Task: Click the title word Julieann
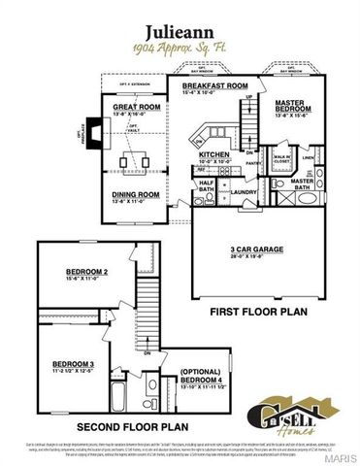click(179, 31)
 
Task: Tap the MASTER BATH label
click(303, 182)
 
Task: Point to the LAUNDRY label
click(242, 191)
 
